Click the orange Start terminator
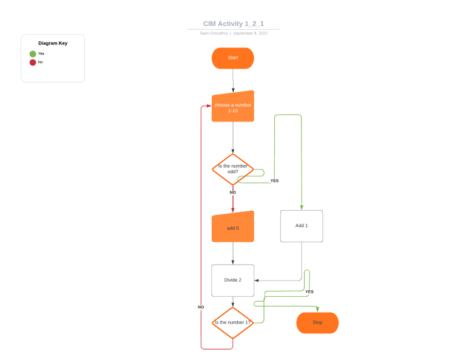tap(232, 58)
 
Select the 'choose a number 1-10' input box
tap(232, 107)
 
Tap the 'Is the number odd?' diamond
tap(232, 169)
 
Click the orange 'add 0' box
tap(232, 227)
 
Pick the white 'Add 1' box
tap(302, 226)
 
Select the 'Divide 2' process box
tap(232, 280)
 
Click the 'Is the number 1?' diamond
tap(232, 322)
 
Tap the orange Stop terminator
tap(317, 322)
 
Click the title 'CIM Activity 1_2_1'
tap(233, 24)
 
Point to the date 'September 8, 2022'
tap(250, 33)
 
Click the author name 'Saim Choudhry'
tap(214, 33)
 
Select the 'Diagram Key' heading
tap(53, 43)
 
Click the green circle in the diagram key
tap(33, 53)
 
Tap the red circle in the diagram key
tap(33, 62)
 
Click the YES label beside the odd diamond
tap(274, 180)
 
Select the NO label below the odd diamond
tap(232, 192)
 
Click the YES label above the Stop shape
tap(309, 291)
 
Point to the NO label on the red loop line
tap(201, 307)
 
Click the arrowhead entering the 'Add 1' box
tap(302, 208)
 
